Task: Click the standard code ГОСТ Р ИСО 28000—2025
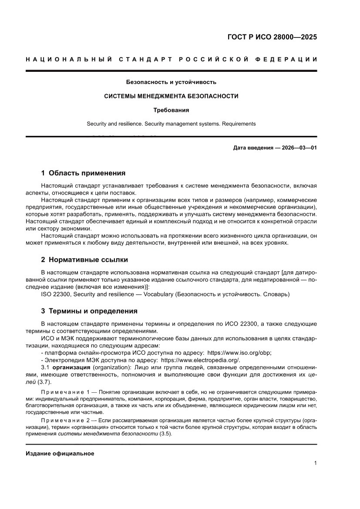tap(272, 37)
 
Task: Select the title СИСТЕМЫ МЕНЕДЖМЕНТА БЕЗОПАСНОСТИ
tap(171, 96)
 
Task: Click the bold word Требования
tap(171, 110)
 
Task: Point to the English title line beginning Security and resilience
tap(171, 124)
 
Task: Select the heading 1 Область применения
tap(83, 173)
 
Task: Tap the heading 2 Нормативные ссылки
tap(84, 260)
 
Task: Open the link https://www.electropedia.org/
tap(200, 360)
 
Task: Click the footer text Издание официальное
tap(60, 453)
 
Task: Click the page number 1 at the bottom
tap(315, 463)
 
